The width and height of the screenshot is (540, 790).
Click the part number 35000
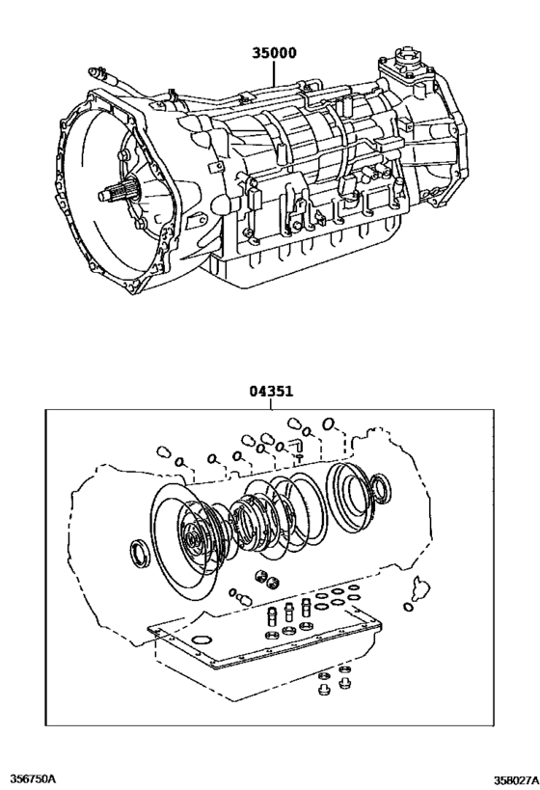click(x=274, y=53)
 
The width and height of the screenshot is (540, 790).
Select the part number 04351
click(x=271, y=391)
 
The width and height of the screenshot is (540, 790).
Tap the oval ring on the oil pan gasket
click(x=201, y=640)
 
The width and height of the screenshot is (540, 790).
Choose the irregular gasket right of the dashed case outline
click(x=419, y=587)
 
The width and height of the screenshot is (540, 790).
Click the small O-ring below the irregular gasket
click(x=408, y=606)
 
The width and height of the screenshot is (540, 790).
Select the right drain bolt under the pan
click(x=344, y=683)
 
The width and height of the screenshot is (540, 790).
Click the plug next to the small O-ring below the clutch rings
click(x=244, y=599)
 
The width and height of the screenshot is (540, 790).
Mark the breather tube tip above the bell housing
click(x=93, y=71)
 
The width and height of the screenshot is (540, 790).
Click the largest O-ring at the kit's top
click(x=329, y=424)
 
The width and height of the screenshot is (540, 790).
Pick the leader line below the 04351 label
click(x=271, y=403)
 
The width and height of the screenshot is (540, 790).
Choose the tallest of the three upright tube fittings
click(x=306, y=607)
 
